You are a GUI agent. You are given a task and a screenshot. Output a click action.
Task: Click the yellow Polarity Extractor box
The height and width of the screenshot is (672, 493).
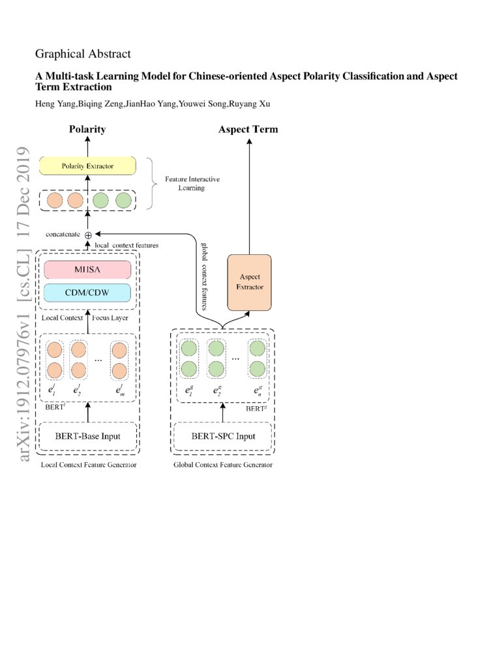(x=87, y=166)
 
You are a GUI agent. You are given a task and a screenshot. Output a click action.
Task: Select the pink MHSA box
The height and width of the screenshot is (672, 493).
(x=87, y=269)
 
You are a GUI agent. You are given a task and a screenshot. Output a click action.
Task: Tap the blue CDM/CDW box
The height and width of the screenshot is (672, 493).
(x=87, y=292)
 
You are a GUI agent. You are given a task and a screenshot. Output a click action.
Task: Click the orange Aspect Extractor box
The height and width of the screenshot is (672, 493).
(x=248, y=282)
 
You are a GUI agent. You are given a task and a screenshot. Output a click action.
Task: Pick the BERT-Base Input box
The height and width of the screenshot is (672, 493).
(x=87, y=435)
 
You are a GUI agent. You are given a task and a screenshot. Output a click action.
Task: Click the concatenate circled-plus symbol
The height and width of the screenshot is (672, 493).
(x=88, y=235)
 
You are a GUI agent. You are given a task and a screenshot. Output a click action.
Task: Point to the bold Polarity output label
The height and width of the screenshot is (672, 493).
(x=87, y=129)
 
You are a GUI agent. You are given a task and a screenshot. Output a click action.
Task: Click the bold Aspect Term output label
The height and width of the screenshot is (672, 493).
(x=248, y=129)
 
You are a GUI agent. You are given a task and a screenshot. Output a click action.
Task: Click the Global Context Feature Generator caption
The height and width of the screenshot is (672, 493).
(x=222, y=465)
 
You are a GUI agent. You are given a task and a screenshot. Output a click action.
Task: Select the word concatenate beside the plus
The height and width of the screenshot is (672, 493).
(x=63, y=233)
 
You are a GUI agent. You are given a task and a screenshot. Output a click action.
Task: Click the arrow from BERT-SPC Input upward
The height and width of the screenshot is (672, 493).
(x=222, y=412)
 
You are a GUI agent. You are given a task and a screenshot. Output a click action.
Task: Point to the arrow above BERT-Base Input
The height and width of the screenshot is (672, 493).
(x=87, y=411)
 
